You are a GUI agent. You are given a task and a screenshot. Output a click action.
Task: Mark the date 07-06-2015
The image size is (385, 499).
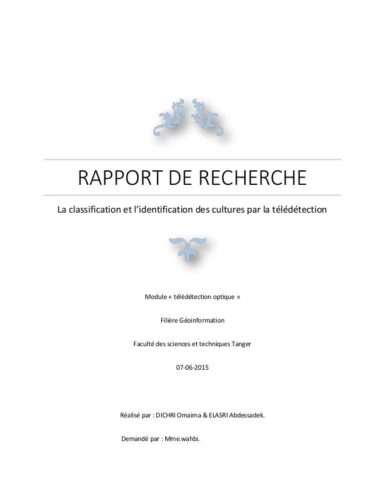coord(192,367)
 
